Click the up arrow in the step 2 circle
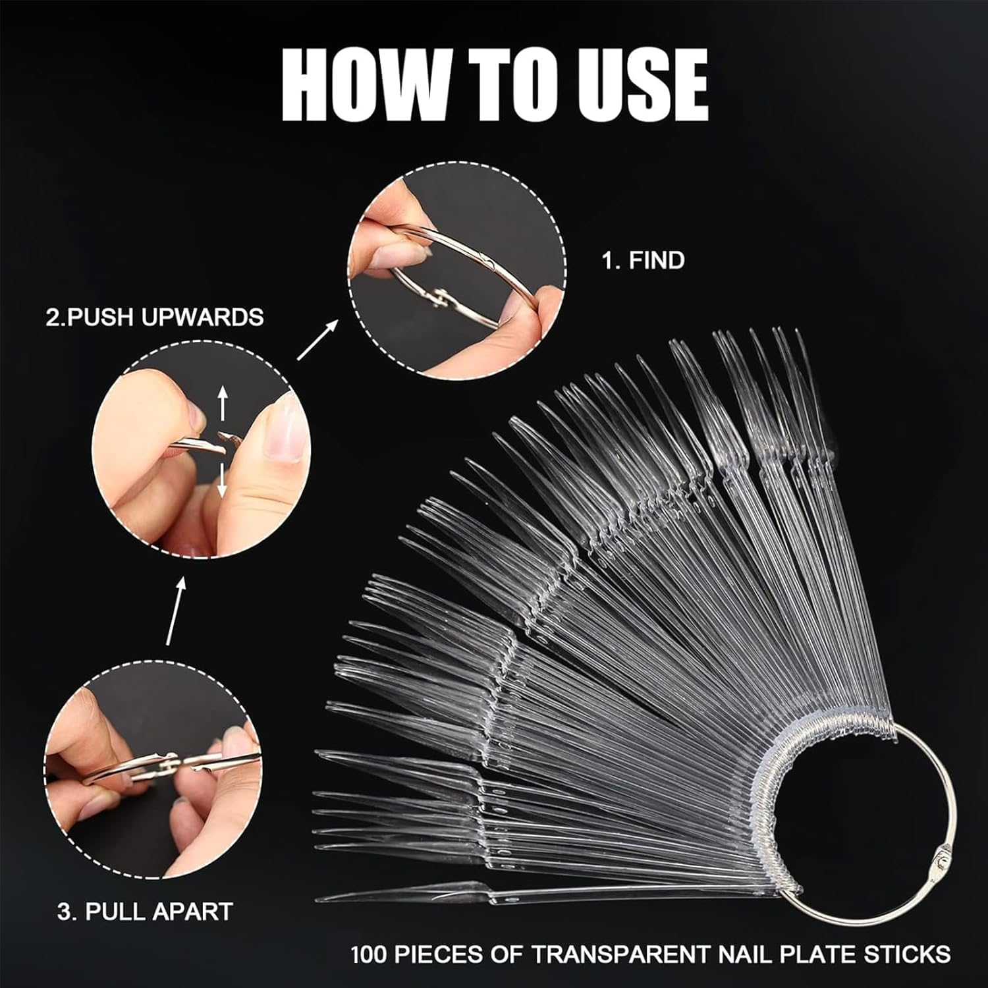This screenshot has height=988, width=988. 223,403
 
